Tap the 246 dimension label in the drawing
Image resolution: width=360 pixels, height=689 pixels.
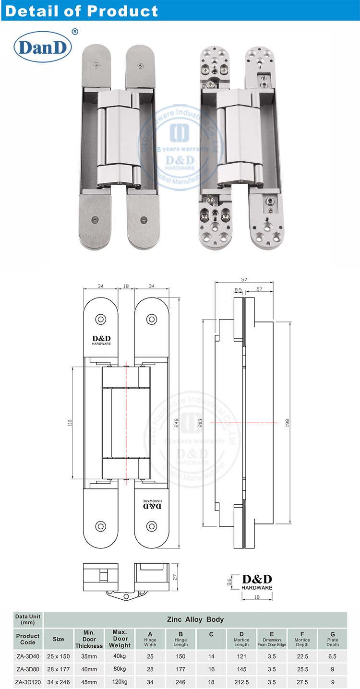176,423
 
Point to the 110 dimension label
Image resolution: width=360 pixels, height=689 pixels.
70,423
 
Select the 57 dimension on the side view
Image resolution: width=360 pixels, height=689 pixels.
244,279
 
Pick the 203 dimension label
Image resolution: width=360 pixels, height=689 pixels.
200,423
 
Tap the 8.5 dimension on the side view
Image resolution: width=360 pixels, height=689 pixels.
239,289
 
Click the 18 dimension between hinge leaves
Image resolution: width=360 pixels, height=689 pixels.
126,286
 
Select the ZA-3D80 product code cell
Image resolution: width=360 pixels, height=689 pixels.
28,668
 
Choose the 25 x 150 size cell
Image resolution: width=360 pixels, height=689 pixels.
59,655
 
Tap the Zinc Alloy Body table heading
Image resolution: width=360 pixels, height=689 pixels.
195,619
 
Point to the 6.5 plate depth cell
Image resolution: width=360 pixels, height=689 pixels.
332,655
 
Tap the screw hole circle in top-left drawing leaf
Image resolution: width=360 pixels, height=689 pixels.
101,319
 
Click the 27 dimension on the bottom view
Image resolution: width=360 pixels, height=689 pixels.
175,578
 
